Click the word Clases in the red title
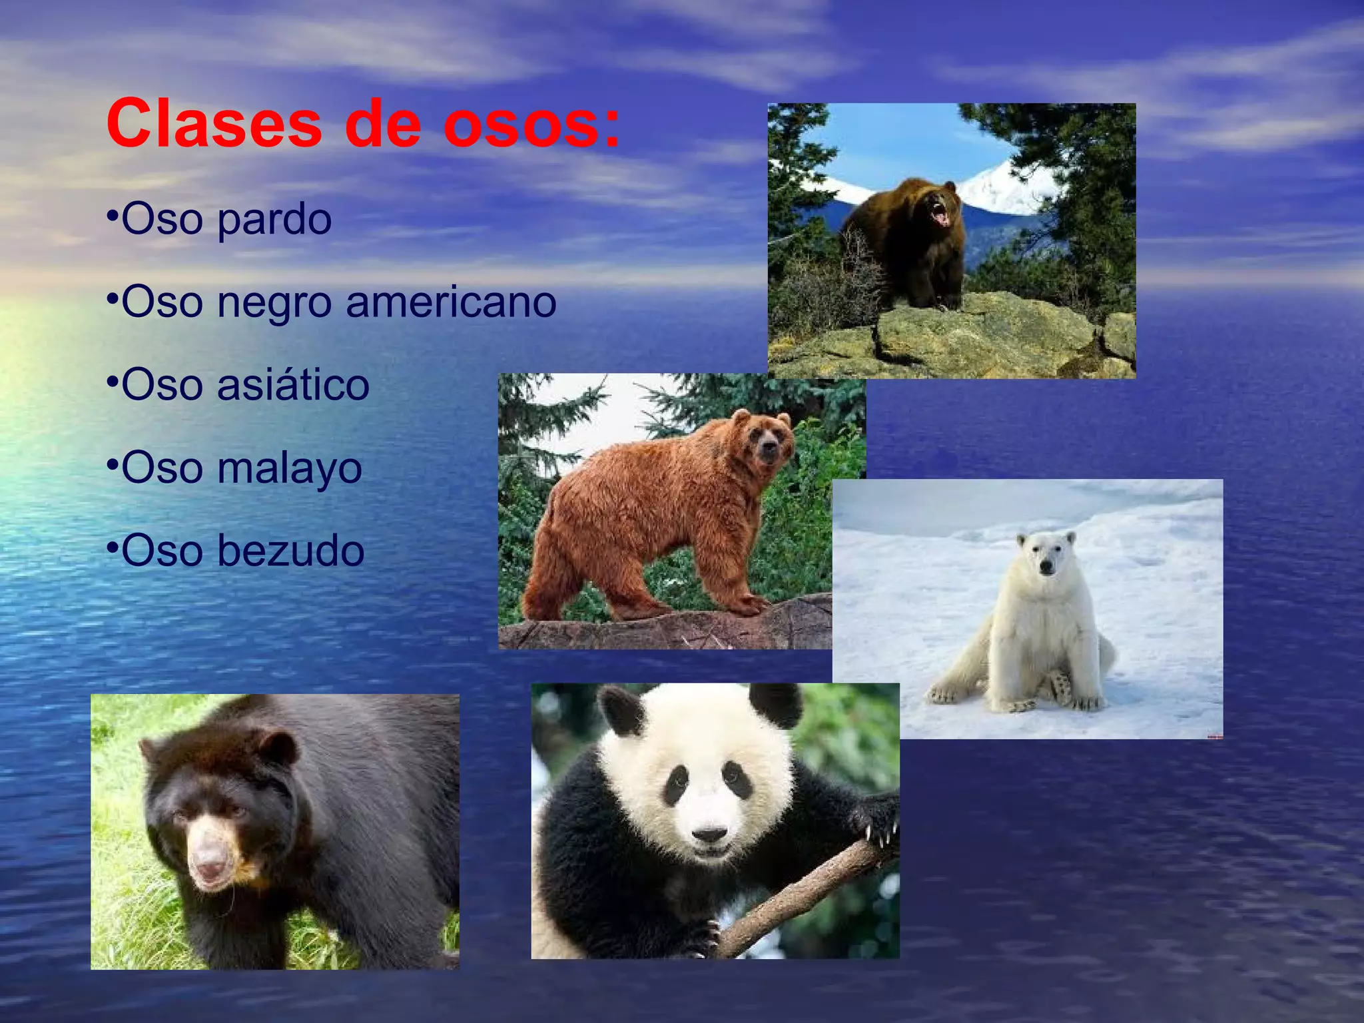[x=214, y=124]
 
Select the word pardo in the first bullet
[x=274, y=220]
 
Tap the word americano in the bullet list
[x=451, y=302]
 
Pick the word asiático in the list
[x=293, y=385]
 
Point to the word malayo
[x=290, y=469]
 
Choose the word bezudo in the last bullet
[x=291, y=551]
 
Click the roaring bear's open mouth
[x=941, y=214]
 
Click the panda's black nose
[x=710, y=834]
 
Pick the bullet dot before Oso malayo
[x=112, y=462]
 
